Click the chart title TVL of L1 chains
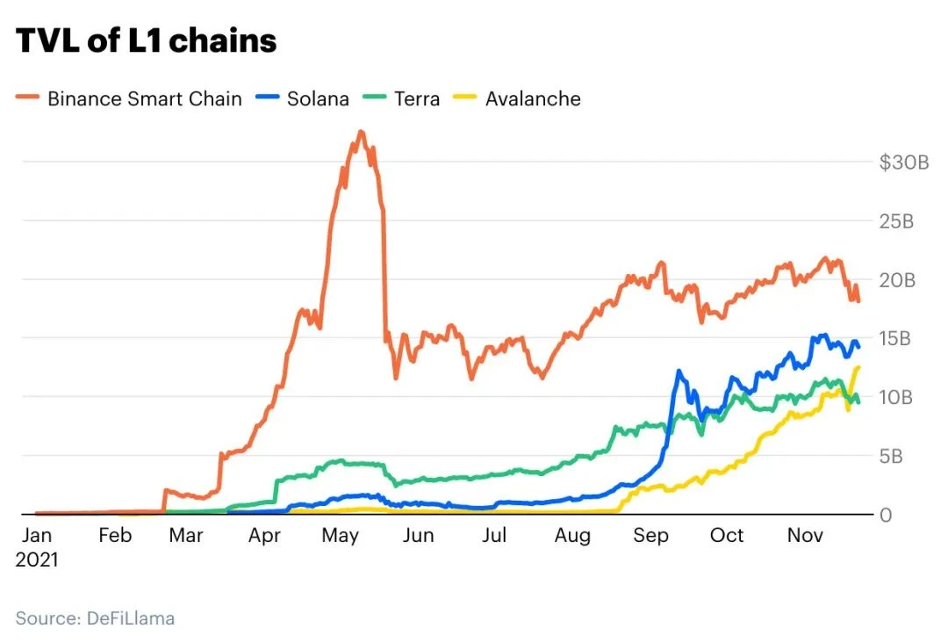click(147, 40)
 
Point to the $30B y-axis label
click(904, 163)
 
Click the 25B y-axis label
click(896, 221)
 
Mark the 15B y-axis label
click(896, 338)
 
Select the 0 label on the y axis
click(887, 515)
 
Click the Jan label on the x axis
click(36, 536)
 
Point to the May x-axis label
click(341, 536)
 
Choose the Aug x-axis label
click(572, 536)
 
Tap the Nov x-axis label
click(805, 536)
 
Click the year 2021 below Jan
click(37, 560)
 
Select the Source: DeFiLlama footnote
click(95, 618)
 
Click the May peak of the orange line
click(361, 132)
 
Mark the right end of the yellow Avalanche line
click(858, 367)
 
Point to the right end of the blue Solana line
click(859, 347)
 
